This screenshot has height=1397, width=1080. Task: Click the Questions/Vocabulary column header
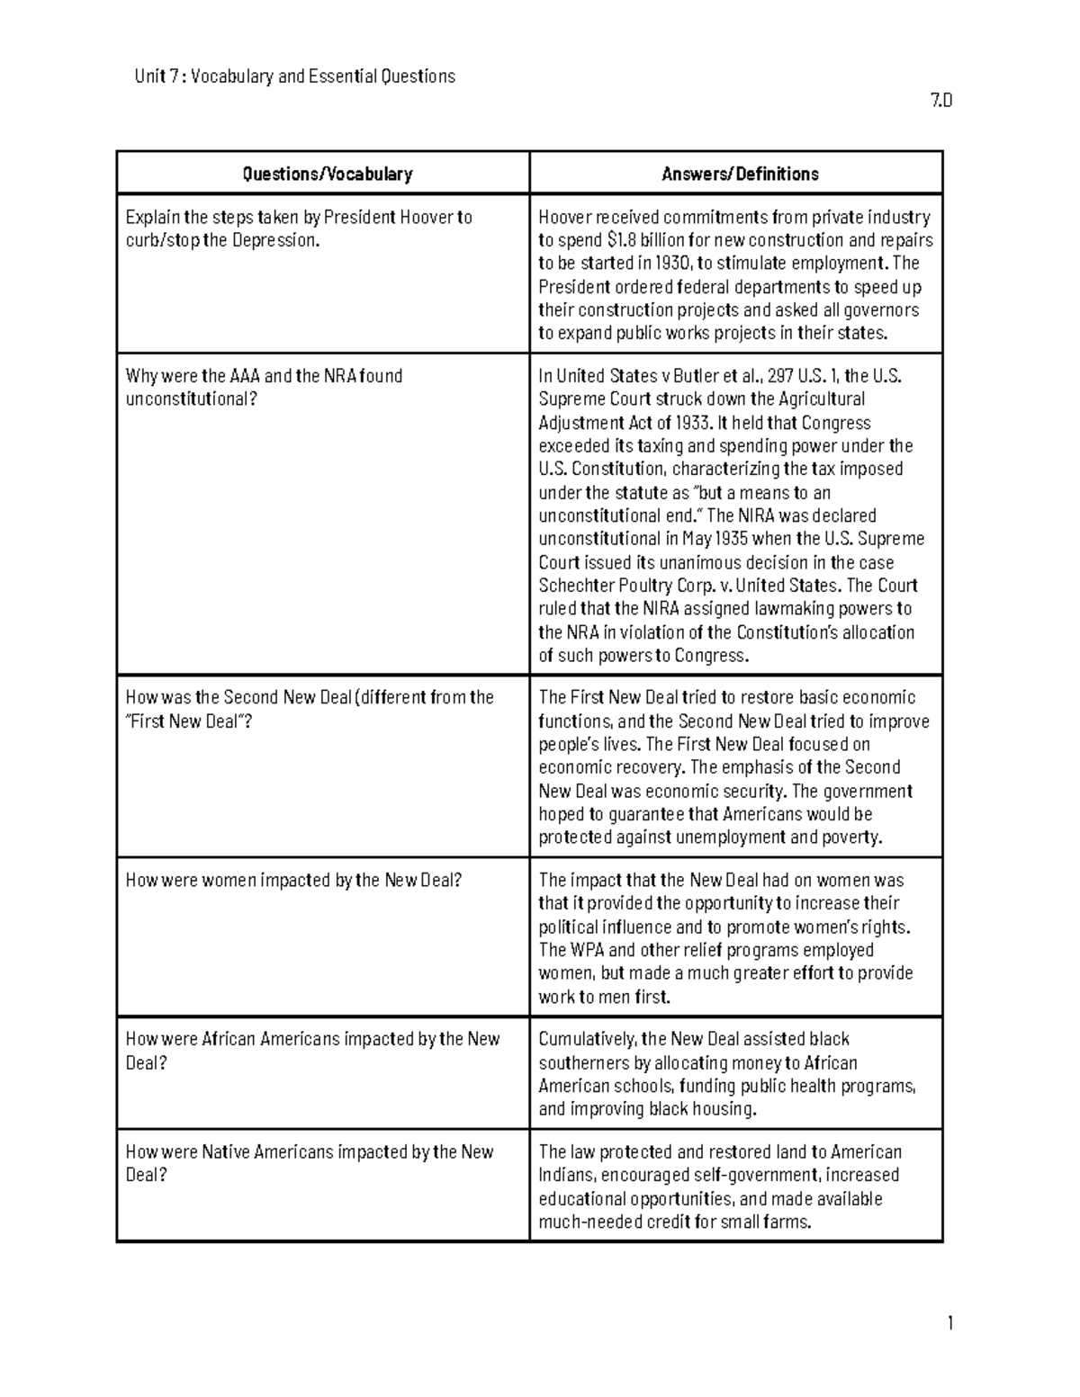pyautogui.click(x=327, y=174)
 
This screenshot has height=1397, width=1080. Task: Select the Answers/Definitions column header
pyautogui.click(x=740, y=174)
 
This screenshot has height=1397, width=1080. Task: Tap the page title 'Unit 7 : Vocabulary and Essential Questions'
pyautogui.click(x=294, y=76)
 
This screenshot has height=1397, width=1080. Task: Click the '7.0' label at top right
pyautogui.click(x=940, y=100)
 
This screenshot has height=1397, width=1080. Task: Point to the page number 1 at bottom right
pyautogui.click(x=949, y=1322)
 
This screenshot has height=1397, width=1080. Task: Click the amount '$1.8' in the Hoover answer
pyautogui.click(x=621, y=240)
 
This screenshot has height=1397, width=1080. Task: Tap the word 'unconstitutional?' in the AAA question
pyautogui.click(x=191, y=399)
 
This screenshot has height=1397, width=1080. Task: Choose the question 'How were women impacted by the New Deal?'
pyautogui.click(x=293, y=881)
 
